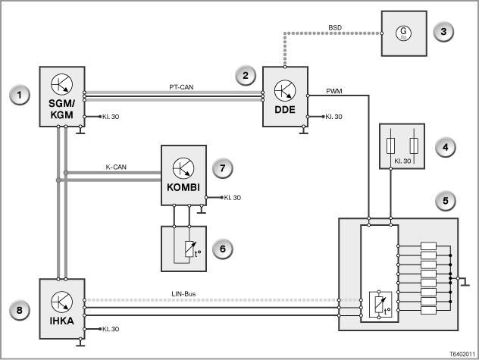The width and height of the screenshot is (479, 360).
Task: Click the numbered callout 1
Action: (20, 95)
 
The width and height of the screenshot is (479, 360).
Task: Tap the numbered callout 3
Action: (443, 32)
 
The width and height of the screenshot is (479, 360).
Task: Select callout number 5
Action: (445, 201)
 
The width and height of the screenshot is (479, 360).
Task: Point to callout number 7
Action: (222, 168)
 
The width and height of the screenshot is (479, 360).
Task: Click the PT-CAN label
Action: (181, 87)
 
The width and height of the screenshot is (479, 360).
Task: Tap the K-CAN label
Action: (116, 167)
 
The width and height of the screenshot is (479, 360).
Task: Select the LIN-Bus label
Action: (183, 294)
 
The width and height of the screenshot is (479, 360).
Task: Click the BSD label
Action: (335, 27)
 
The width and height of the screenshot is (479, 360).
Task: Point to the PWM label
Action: (334, 91)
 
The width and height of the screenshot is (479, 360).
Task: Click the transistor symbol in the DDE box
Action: (285, 90)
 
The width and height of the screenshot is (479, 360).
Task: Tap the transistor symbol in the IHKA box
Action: (62, 302)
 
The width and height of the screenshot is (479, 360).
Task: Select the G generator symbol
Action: (403, 33)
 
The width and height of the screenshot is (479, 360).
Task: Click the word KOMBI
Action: (183, 187)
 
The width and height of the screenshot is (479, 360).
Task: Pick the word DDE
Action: (285, 109)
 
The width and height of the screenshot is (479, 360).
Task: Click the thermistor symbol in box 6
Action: (190, 249)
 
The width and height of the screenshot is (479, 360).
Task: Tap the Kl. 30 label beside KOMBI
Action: (233, 198)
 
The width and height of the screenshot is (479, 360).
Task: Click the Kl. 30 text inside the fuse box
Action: (402, 161)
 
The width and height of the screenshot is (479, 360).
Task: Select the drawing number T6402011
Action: (462, 354)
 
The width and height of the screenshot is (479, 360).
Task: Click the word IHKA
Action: (62, 321)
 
